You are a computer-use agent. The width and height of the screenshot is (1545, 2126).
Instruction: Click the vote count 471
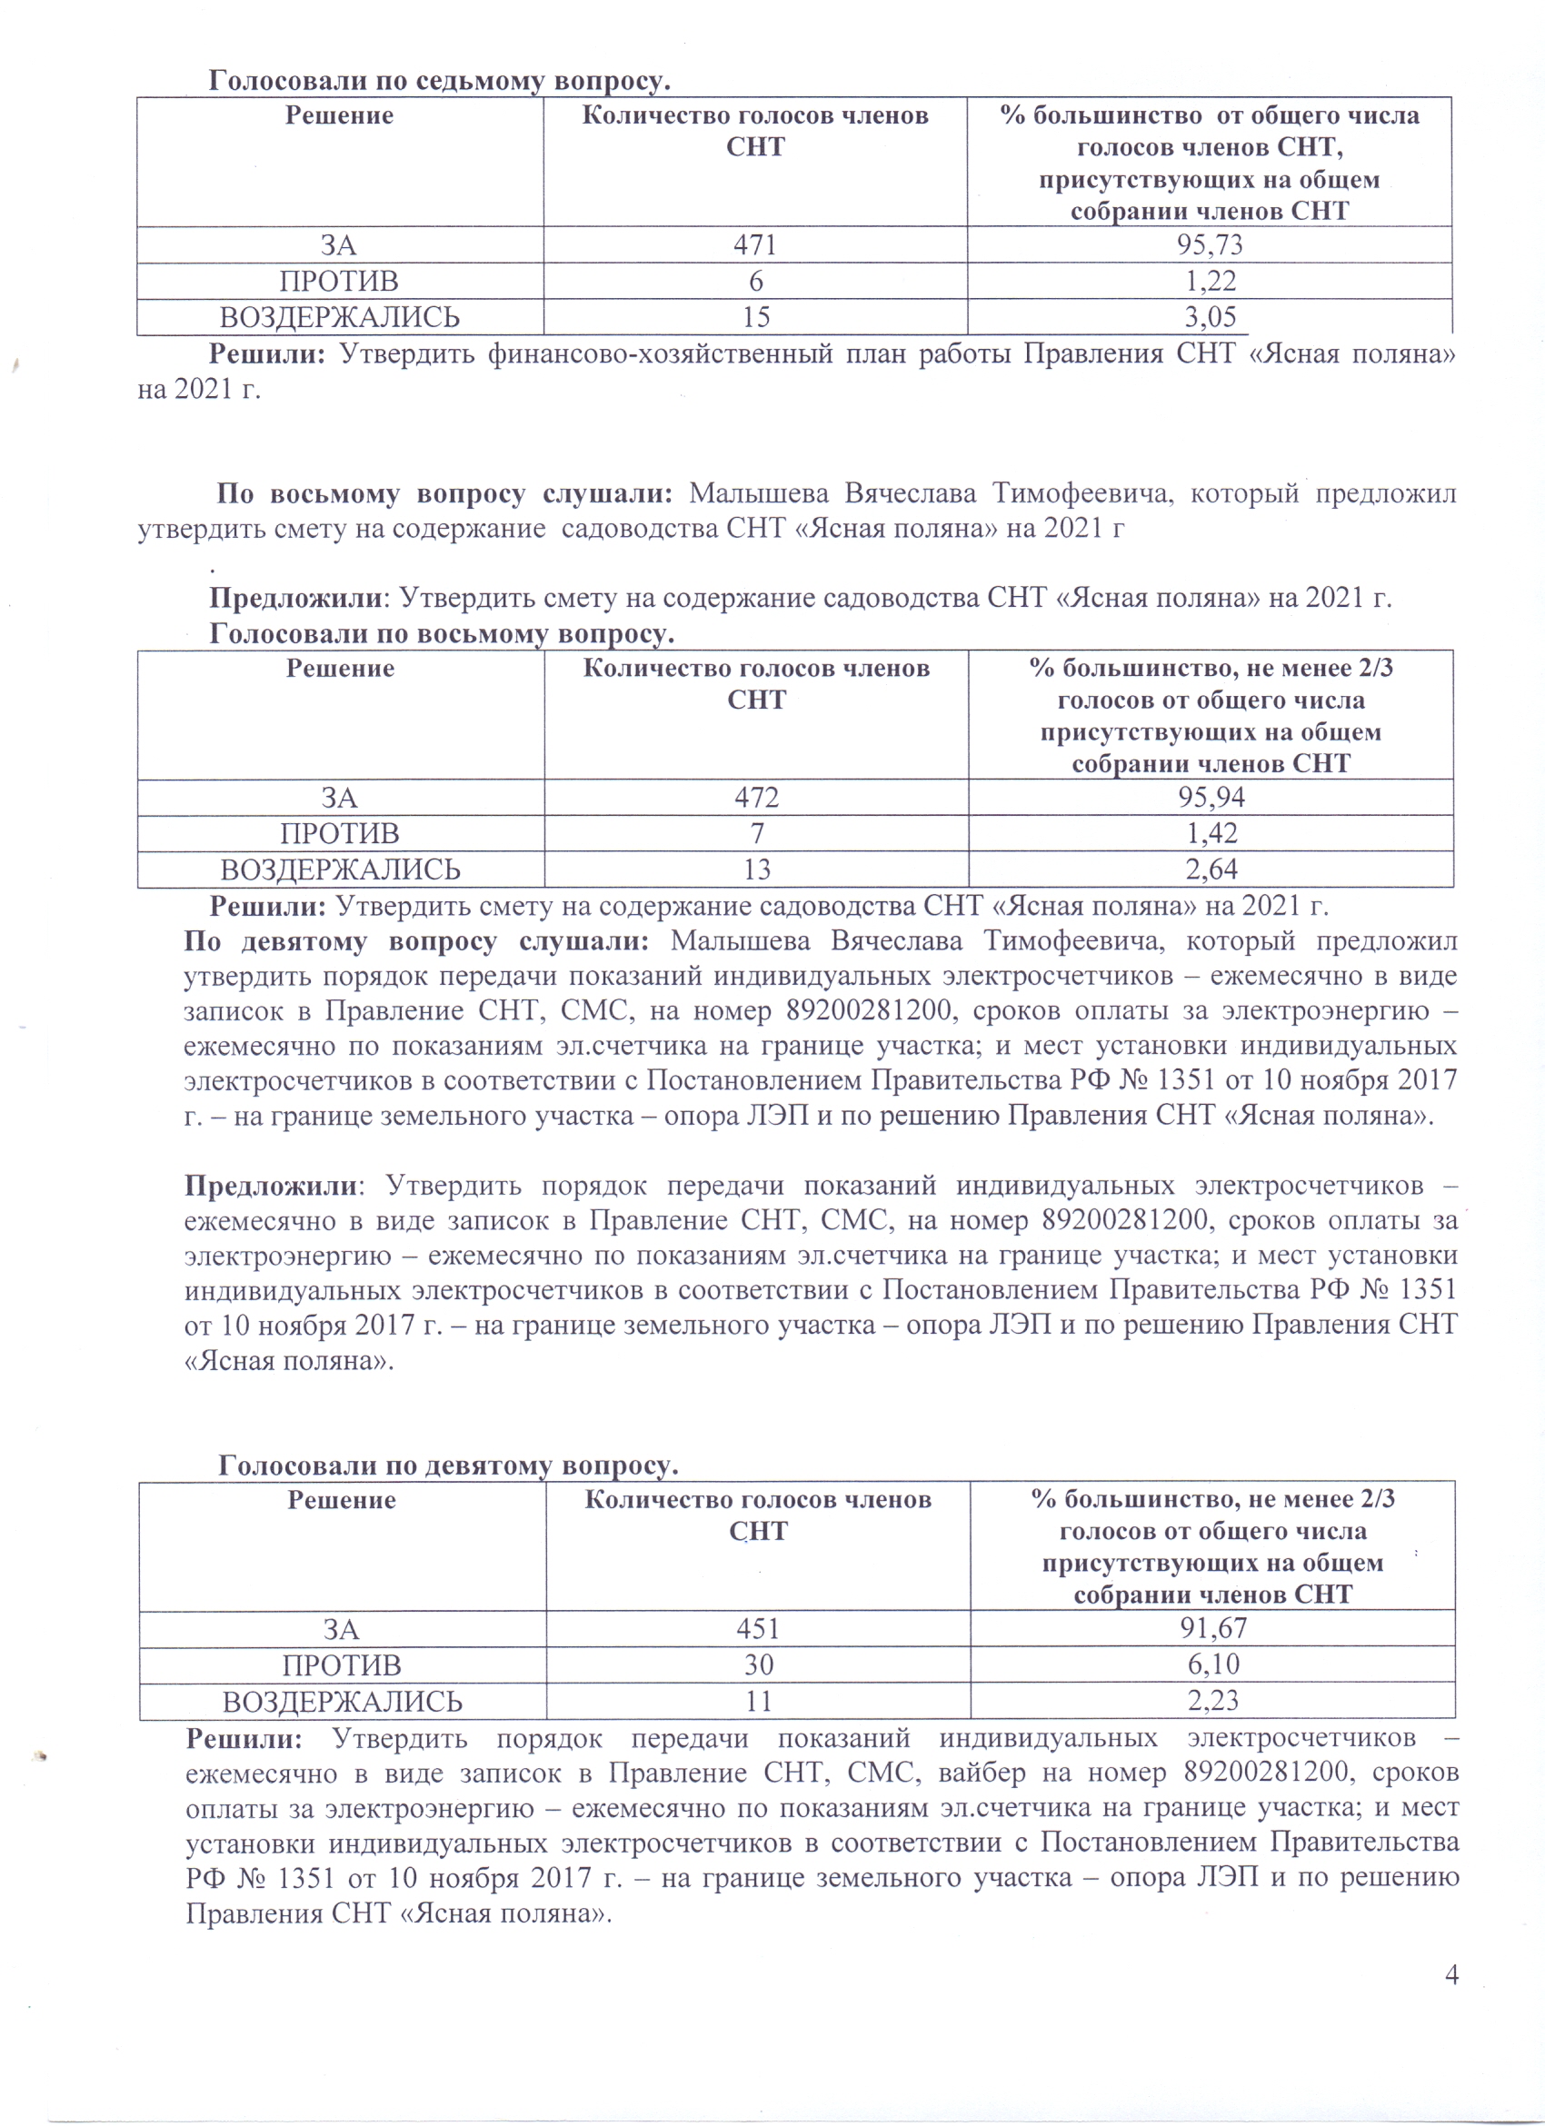click(x=754, y=245)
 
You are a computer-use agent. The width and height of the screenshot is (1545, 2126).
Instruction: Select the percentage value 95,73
click(x=1210, y=245)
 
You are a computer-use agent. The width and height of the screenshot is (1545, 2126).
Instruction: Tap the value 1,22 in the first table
click(x=1210, y=282)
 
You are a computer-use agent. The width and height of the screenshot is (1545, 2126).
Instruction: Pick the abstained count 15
click(x=755, y=317)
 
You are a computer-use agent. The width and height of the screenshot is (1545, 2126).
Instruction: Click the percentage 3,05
click(x=1210, y=317)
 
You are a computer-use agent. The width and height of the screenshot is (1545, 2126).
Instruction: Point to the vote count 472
click(x=756, y=798)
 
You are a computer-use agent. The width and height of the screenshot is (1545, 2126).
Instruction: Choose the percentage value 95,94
click(x=1211, y=798)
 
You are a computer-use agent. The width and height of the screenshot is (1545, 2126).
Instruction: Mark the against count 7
click(x=756, y=833)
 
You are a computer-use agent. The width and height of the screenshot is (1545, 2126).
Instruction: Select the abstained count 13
click(x=756, y=869)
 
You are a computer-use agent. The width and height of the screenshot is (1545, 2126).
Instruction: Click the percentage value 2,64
click(x=1211, y=869)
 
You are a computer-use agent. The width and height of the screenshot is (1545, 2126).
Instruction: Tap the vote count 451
click(x=759, y=1628)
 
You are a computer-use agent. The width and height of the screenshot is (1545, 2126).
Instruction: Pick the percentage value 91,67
click(x=1213, y=1628)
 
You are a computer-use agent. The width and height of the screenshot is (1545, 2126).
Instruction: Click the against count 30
click(x=759, y=1664)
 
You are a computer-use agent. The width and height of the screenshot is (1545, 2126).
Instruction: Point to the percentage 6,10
click(x=1213, y=1664)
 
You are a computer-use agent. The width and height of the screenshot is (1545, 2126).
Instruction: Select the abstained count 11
click(x=759, y=1701)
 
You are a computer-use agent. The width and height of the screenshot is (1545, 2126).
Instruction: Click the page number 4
click(x=1451, y=1976)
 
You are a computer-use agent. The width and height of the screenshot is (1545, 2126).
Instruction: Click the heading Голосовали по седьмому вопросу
click(x=439, y=81)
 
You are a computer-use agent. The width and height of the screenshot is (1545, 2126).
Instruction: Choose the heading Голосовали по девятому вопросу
click(x=448, y=1465)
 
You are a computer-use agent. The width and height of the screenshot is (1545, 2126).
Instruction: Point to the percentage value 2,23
click(x=1213, y=1701)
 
